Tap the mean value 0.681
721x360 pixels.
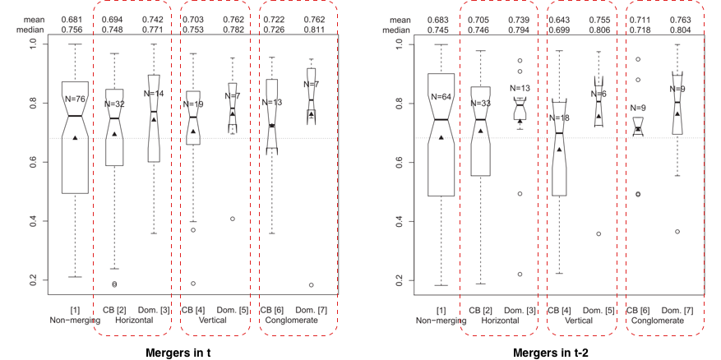[75, 18]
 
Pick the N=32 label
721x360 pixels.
[114, 104]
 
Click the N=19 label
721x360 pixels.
[192, 104]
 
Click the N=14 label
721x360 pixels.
[154, 94]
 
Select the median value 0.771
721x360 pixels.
[154, 28]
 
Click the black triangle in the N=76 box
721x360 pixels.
[76, 137]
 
